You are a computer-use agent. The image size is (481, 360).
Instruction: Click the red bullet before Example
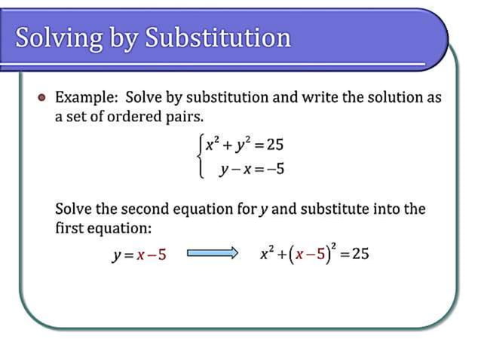[x=42, y=98]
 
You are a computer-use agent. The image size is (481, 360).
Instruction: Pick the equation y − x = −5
[x=251, y=169]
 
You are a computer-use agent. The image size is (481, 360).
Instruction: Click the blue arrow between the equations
[x=212, y=253]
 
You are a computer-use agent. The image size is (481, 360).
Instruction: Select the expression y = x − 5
[x=139, y=254]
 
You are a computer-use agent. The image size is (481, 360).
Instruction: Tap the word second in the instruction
[x=159, y=209]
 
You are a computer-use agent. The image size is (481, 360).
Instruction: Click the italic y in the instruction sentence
[x=263, y=210]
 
